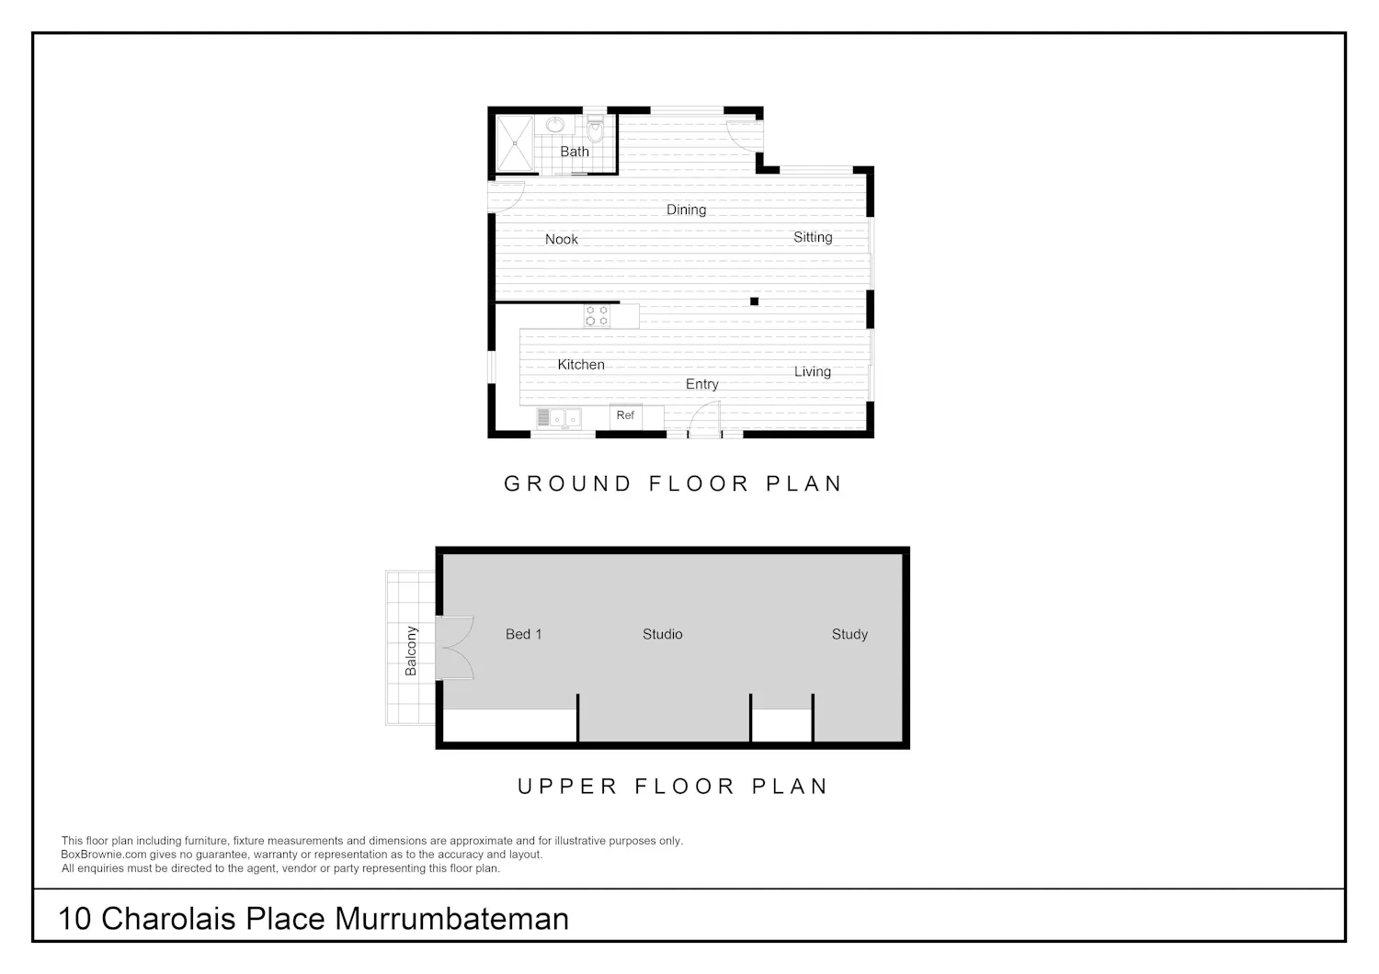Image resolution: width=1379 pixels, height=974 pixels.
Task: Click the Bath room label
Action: point(575,152)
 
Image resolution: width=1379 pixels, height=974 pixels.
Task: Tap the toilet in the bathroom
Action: point(596,130)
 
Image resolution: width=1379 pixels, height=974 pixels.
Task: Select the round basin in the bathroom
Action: point(555,126)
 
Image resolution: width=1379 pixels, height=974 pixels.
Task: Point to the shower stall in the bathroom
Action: point(515,143)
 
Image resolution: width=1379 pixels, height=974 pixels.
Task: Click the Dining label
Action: point(687,210)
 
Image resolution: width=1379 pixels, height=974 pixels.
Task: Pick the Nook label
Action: point(562,239)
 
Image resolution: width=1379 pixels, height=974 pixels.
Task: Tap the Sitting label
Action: point(813,237)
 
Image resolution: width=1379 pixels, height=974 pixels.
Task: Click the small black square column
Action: point(754,300)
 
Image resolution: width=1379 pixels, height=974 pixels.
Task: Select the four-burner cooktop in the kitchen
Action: point(598,316)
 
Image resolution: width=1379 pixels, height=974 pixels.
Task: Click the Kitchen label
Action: point(581,365)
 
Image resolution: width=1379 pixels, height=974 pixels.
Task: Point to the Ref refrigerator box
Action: point(625,416)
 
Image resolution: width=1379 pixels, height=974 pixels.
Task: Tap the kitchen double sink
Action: point(559,418)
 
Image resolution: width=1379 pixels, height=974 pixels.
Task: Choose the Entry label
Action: point(701,384)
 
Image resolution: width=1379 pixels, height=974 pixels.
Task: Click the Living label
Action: point(812,371)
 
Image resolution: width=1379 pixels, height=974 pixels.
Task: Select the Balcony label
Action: point(411,651)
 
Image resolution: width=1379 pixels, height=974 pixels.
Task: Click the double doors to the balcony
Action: point(454,648)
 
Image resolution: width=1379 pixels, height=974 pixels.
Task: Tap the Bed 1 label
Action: point(523,634)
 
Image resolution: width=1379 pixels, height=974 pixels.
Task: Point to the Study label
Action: point(849,634)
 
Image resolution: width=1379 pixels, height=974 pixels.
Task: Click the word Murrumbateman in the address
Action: point(452,919)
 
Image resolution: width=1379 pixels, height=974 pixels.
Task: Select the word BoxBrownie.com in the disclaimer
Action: point(105,855)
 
